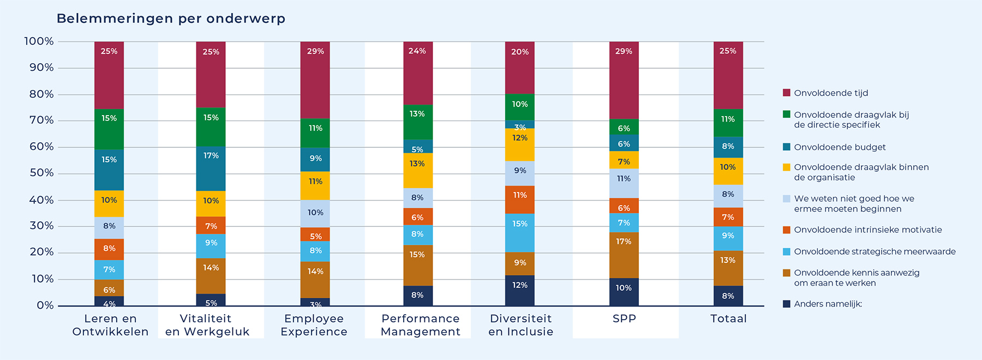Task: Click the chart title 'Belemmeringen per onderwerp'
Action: pyautogui.click(x=171, y=19)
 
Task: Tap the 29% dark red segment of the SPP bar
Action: pyautogui.click(x=624, y=80)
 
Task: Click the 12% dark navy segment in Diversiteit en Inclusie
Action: pyautogui.click(x=520, y=291)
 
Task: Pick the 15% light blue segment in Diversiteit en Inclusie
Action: pyautogui.click(x=520, y=233)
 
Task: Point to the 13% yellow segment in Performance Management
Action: pyautogui.click(x=418, y=171)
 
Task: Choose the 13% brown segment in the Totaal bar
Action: pyautogui.click(x=728, y=268)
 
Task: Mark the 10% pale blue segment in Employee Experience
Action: pyautogui.click(x=315, y=214)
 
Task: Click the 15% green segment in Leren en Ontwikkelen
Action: pyautogui.click(x=109, y=129)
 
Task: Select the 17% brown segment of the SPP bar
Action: pyautogui.click(x=624, y=255)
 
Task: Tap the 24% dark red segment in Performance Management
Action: pyautogui.click(x=418, y=73)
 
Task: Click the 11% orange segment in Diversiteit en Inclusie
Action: pyautogui.click(x=520, y=200)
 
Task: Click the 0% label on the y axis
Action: pyautogui.click(x=45, y=305)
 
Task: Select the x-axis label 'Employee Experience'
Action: pyautogui.click(x=314, y=325)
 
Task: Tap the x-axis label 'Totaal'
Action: pyautogui.click(x=728, y=319)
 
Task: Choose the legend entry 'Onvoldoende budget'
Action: pyautogui.click(x=834, y=147)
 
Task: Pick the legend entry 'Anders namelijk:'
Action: pyautogui.click(x=823, y=304)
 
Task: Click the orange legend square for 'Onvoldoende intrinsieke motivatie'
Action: pyautogui.click(x=787, y=230)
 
